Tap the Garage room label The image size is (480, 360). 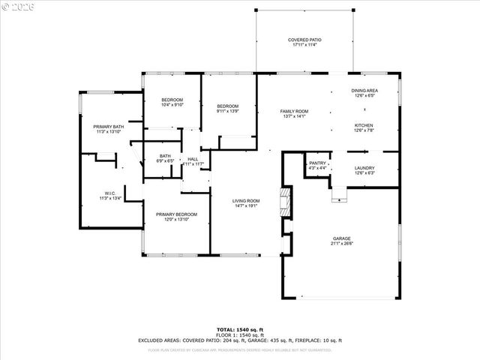point(342,239)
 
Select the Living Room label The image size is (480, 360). point(245,200)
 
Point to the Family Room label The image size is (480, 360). point(294,111)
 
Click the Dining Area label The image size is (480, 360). point(364,91)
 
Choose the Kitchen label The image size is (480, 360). point(364,125)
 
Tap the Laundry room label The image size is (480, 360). point(364,168)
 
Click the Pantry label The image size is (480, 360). point(318,163)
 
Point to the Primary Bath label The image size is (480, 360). point(109,127)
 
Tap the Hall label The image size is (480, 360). point(193,158)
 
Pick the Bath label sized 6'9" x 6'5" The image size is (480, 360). point(165,156)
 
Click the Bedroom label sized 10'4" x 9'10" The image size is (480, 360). point(172,100)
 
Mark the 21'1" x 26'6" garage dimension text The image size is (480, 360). point(342,244)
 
